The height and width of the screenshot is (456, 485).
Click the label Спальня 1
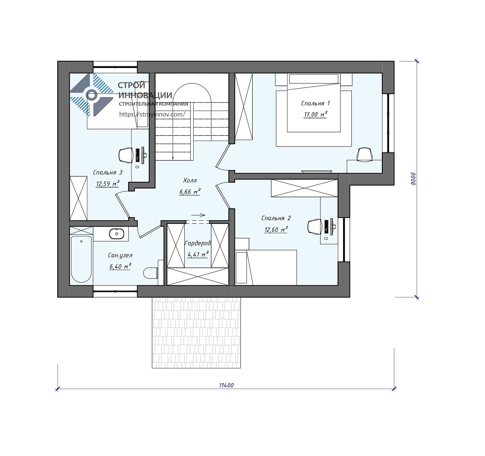click(315, 103)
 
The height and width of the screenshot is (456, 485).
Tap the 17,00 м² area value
click(315, 114)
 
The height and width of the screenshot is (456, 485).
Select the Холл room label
click(190, 180)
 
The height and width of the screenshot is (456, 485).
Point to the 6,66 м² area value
click(190, 191)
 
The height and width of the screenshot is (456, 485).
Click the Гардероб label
click(198, 243)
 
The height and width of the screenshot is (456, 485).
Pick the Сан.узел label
click(120, 255)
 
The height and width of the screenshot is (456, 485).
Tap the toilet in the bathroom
click(151, 273)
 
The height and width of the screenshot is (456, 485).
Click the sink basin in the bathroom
click(117, 234)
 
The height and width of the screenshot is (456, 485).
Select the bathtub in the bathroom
click(81, 259)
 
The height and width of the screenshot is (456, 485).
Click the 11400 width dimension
click(226, 385)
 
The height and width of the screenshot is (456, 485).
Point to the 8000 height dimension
click(413, 179)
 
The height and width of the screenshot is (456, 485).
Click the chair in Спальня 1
click(365, 155)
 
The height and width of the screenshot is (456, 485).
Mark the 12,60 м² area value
click(276, 230)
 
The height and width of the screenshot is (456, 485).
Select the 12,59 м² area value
click(108, 183)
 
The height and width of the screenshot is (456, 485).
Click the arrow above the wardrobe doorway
click(198, 215)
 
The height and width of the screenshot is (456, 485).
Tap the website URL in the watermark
click(152, 114)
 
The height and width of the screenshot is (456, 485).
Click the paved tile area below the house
click(196, 332)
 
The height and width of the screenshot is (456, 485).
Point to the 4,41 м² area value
click(198, 255)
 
